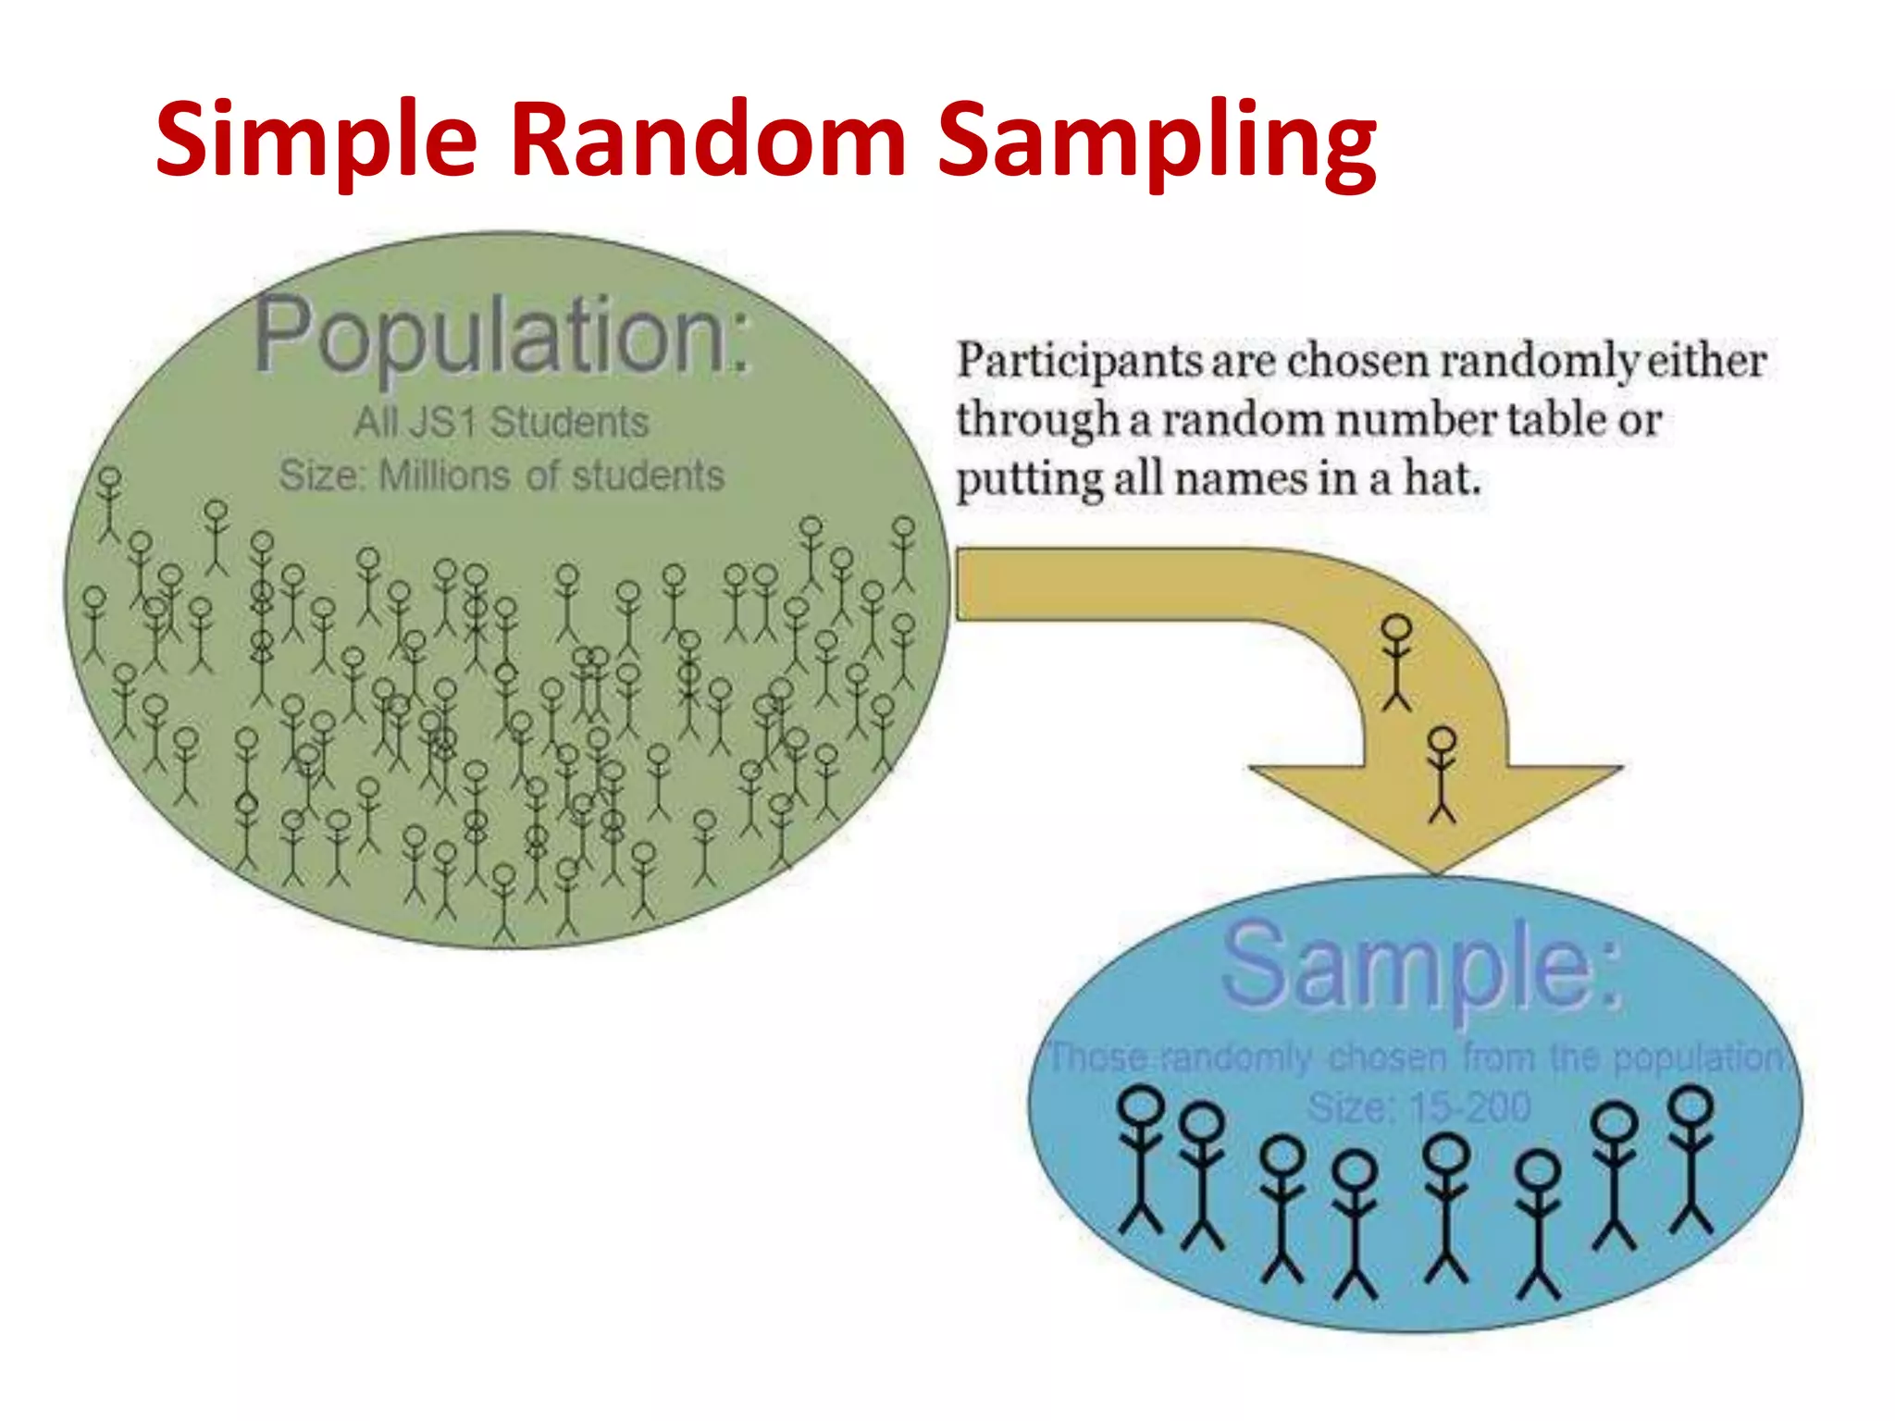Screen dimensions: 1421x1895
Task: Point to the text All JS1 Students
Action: pos(501,423)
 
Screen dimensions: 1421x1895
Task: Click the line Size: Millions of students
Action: pos(501,476)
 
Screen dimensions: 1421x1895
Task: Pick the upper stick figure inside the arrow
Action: pos(1396,662)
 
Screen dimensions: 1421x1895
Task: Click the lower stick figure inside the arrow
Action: pos(1442,773)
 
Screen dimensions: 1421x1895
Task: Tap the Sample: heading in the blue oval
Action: pos(1420,965)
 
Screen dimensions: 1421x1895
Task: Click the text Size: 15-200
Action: pos(1418,1106)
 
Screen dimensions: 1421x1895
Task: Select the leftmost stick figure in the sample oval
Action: pos(1142,1160)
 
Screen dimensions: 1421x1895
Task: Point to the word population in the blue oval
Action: pos(1697,1057)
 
